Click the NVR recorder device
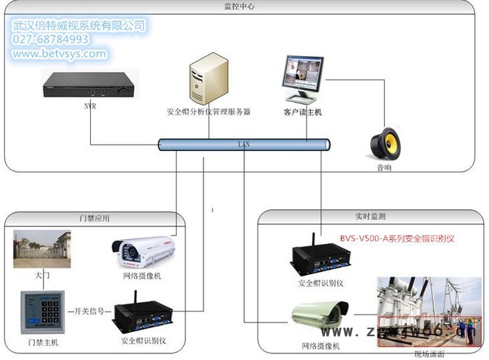(88, 86)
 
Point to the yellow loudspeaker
(385, 143)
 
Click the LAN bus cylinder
(244, 145)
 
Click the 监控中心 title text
(240, 6)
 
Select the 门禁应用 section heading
(95, 218)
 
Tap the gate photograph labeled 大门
(42, 250)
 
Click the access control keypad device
(42, 312)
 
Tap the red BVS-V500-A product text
(397, 238)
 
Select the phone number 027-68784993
(50, 40)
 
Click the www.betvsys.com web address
(59, 54)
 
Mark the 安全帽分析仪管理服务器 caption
(208, 112)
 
